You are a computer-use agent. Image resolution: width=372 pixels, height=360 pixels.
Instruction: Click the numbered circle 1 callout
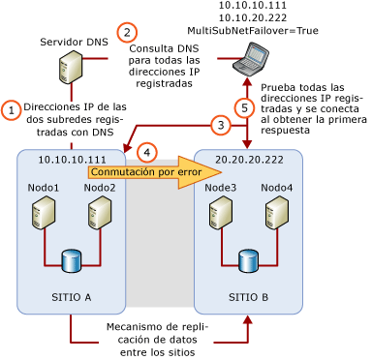tap(11, 110)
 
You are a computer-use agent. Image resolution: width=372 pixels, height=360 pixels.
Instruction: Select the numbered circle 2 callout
tap(126, 32)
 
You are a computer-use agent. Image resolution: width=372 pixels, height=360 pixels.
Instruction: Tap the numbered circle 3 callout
tap(221, 125)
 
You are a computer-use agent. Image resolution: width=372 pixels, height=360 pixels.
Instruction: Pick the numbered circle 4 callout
tap(147, 152)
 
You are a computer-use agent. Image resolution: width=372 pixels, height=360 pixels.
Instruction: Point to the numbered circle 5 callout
tap(246, 107)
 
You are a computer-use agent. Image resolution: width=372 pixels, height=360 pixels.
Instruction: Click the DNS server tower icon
tap(70, 70)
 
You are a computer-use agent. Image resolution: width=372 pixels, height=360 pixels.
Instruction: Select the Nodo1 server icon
tap(43, 212)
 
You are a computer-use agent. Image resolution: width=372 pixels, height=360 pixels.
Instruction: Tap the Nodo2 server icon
tap(99, 212)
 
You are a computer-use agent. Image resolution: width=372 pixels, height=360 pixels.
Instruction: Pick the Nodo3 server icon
tap(221, 212)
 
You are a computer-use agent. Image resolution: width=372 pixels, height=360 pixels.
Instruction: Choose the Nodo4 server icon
tap(276, 212)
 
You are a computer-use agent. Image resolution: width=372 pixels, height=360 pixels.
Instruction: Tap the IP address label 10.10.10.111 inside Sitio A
tap(72, 160)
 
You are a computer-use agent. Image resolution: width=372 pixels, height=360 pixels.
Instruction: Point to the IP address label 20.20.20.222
tap(249, 160)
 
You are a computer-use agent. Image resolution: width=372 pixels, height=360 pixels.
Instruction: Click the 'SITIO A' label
tap(71, 297)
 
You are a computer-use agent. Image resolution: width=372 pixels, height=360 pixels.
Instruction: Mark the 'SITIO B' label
tap(249, 297)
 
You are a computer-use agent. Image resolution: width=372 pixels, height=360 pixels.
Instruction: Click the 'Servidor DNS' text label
tap(73, 43)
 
